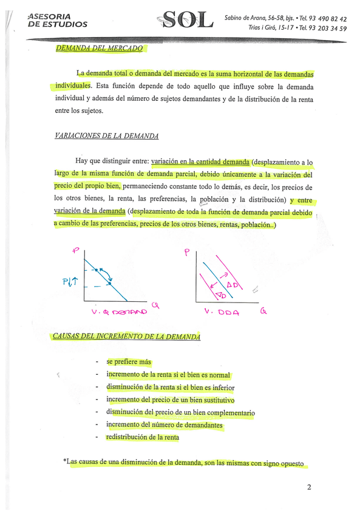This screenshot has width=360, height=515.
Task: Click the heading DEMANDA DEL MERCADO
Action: [x=99, y=48]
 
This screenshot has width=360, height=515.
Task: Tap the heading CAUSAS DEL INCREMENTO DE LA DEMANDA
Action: [x=126, y=336]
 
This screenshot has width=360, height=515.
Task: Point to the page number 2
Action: [x=309, y=487]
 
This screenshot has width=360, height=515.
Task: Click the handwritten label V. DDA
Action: [x=222, y=312]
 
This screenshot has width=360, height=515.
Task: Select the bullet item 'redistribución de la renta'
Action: [x=143, y=437]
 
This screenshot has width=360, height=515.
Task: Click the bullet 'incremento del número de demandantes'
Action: [x=165, y=425]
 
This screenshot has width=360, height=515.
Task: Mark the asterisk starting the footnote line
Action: [x=65, y=462]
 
